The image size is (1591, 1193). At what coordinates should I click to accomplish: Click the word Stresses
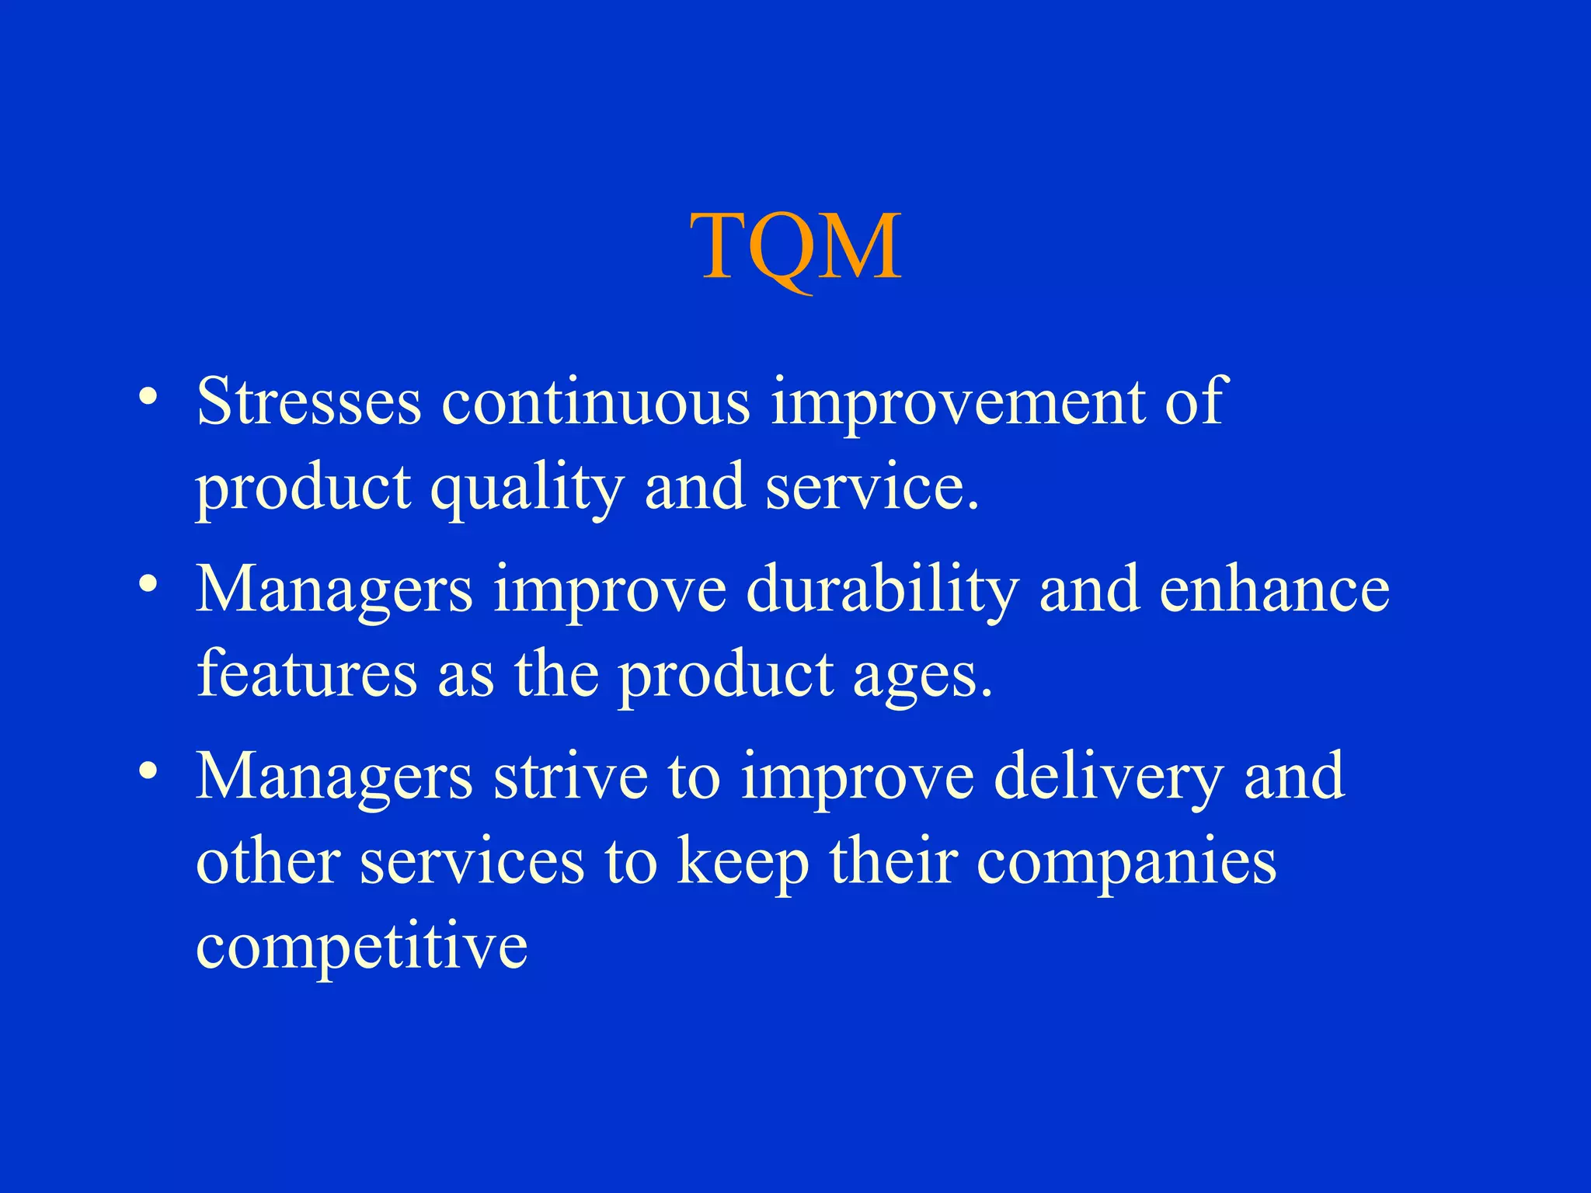click(308, 402)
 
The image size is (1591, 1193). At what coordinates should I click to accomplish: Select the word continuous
click(596, 402)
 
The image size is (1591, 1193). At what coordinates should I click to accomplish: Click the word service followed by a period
click(872, 487)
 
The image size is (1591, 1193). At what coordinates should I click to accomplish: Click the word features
click(307, 673)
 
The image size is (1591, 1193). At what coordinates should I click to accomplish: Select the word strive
click(571, 777)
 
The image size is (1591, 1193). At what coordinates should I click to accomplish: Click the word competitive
click(362, 948)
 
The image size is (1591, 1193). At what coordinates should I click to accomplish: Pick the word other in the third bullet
click(268, 862)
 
